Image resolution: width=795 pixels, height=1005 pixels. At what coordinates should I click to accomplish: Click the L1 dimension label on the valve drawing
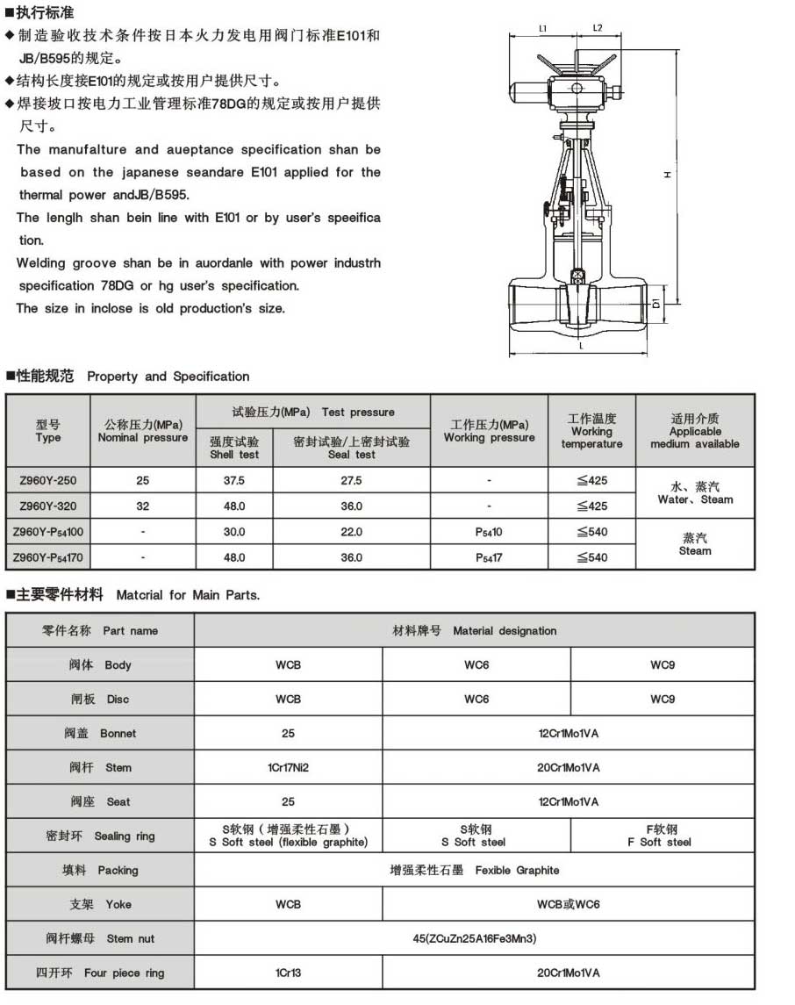click(x=543, y=28)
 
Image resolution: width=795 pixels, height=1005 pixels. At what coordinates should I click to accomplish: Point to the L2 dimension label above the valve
click(x=597, y=28)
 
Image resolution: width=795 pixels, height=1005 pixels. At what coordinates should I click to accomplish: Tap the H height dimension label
click(x=668, y=175)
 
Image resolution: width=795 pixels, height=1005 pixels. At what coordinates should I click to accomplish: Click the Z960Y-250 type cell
click(x=48, y=480)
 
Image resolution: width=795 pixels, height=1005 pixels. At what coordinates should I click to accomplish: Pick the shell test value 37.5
click(x=234, y=480)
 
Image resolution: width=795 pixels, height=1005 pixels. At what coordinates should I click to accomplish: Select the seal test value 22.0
click(x=351, y=532)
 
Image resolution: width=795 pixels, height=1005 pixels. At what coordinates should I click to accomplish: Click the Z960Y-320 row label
click(x=48, y=506)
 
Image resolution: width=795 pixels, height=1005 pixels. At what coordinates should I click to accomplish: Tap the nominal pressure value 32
click(x=143, y=506)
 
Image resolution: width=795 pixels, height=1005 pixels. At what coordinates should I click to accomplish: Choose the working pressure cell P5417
click(x=489, y=557)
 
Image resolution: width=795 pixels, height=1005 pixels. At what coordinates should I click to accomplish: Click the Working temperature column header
click(x=591, y=431)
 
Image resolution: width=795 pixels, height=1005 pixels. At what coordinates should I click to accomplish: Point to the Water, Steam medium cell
click(x=695, y=492)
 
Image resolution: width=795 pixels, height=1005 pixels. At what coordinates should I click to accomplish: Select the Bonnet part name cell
click(x=100, y=733)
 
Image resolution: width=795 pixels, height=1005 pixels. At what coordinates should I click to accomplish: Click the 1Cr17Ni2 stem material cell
click(x=288, y=767)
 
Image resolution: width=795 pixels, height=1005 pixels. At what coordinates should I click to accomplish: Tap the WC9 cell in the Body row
click(x=662, y=664)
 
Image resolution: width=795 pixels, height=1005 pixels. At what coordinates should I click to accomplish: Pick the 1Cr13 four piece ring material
click(x=288, y=973)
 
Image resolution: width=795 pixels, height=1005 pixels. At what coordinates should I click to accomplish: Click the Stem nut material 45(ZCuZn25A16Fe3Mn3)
click(x=474, y=938)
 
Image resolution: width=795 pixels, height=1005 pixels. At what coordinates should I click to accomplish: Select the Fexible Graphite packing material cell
click(x=474, y=870)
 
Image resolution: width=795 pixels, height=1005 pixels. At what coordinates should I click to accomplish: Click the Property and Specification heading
click(x=168, y=377)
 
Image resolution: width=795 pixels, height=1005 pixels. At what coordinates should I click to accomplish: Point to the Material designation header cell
click(x=474, y=630)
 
